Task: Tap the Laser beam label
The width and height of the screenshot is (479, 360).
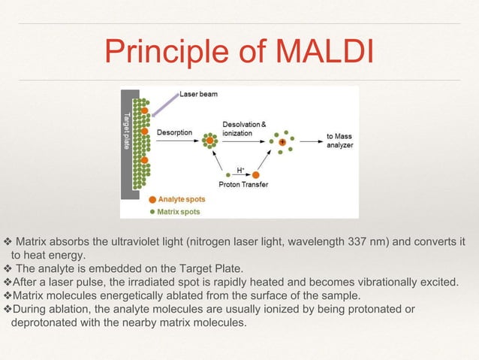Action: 198,95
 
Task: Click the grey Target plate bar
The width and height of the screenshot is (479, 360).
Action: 125,143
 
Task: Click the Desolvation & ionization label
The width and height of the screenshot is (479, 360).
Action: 243,127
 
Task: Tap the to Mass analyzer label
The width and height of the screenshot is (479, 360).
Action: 339,141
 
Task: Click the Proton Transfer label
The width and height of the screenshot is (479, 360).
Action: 243,184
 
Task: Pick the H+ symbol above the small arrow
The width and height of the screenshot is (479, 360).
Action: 240,169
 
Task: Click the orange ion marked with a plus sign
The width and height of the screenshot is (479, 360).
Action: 282,141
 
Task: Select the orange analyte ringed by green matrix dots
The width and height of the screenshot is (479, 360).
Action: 209,141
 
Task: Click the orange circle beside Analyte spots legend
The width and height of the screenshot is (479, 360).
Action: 152,200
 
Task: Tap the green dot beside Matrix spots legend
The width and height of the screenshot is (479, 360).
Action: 152,211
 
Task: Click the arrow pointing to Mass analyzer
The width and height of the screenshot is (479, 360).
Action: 310,141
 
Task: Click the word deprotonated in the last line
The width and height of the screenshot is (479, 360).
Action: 46,322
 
